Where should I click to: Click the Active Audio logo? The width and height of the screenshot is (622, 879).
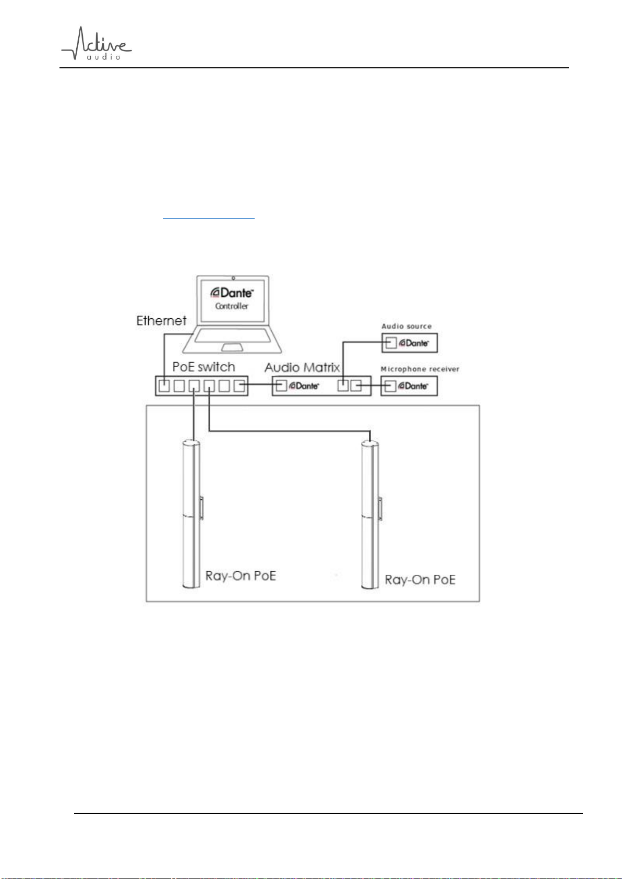click(96, 43)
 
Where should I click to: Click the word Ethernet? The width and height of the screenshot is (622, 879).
click(161, 321)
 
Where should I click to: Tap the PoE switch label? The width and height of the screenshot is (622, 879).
click(204, 367)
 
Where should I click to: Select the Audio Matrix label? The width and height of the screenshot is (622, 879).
click(302, 367)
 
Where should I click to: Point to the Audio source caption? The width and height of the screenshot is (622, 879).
click(406, 326)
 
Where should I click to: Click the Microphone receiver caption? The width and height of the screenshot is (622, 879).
click(420, 369)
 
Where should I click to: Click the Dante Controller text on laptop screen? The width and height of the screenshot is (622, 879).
click(232, 299)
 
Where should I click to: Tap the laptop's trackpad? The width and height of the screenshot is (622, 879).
click(232, 347)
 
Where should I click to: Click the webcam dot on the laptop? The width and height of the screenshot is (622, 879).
click(233, 278)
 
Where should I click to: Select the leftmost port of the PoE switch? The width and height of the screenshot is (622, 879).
click(164, 386)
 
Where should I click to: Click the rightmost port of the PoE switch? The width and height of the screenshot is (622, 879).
click(239, 386)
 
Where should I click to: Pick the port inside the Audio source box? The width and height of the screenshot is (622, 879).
click(390, 343)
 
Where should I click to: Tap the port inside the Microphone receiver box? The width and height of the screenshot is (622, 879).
click(390, 386)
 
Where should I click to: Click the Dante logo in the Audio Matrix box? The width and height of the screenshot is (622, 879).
click(304, 386)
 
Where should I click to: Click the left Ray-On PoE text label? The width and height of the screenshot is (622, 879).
click(241, 576)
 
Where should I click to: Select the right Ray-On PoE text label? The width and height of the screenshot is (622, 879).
click(420, 580)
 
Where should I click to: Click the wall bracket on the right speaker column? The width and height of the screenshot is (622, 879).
click(380, 509)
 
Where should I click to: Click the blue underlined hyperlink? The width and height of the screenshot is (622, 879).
click(208, 218)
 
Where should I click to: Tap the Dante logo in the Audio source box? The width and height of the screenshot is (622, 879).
click(414, 343)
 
